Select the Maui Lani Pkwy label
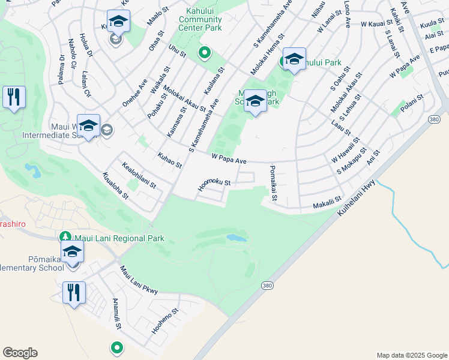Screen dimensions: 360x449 [x=139, y=280]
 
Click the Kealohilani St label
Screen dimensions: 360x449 [x=139, y=175]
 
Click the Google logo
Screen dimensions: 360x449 [x=20, y=353]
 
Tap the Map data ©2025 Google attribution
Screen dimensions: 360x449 [x=411, y=355]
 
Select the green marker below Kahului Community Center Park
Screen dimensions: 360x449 [x=204, y=53]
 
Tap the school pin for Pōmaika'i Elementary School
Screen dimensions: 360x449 [x=72, y=252]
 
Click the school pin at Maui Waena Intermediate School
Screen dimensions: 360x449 [x=88, y=126]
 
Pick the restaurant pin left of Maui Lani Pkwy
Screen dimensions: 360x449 [x=74, y=293]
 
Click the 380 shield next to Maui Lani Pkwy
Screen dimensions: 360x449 [x=267, y=286]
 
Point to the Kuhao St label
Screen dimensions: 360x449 [x=169, y=160]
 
